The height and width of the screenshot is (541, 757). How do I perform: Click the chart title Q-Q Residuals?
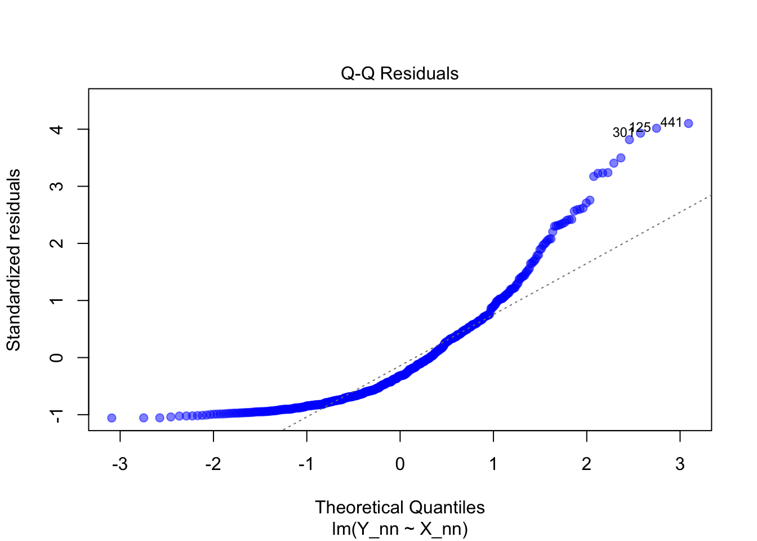click(x=399, y=74)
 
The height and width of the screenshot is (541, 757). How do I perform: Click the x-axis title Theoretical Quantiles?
click(x=399, y=507)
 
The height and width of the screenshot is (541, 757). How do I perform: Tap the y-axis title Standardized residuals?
click(x=14, y=260)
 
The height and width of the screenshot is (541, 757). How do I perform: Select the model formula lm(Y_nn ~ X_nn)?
click(x=399, y=529)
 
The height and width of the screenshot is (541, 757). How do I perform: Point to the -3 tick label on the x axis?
click(x=119, y=464)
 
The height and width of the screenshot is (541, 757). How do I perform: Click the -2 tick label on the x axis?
click(x=213, y=464)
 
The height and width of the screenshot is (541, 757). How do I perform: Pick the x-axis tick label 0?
click(x=400, y=464)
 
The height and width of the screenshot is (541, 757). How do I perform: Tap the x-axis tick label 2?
click(x=587, y=464)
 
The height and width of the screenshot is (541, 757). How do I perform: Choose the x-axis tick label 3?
click(x=680, y=464)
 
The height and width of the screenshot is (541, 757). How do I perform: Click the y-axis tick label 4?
click(x=56, y=130)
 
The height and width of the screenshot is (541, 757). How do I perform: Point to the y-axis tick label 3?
click(x=56, y=187)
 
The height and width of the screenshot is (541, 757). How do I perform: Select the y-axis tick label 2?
click(x=56, y=243)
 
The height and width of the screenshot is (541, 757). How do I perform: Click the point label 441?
click(x=671, y=122)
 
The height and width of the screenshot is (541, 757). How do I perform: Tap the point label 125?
click(x=640, y=127)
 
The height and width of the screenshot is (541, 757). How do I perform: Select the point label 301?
click(x=622, y=133)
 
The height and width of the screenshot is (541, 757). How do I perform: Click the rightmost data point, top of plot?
click(x=688, y=123)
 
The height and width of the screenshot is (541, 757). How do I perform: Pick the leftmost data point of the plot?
click(x=112, y=418)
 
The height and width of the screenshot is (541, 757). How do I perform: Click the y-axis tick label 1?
click(x=56, y=300)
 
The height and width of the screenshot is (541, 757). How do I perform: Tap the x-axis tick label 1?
click(x=493, y=464)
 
